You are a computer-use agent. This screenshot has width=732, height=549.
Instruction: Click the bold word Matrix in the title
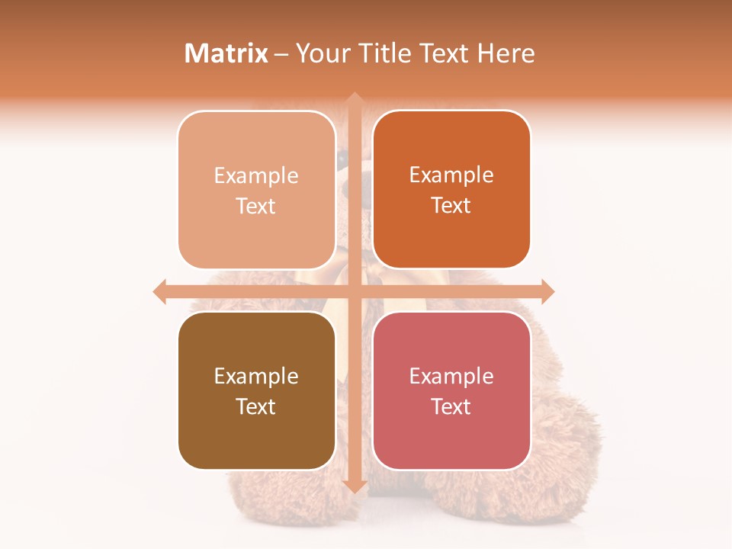226,53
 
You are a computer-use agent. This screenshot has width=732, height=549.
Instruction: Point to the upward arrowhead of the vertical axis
354,98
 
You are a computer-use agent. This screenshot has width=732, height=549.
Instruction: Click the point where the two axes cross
354,291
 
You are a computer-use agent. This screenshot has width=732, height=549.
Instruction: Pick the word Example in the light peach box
256,176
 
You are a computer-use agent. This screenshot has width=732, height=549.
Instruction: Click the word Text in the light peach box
256,206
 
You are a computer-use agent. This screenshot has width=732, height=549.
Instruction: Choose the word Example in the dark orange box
451,175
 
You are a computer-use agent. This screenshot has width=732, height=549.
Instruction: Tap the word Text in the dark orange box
451,205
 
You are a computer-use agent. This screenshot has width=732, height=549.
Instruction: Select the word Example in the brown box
256,377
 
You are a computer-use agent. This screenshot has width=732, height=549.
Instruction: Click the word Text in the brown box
256,406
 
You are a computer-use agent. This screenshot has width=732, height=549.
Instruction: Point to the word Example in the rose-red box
451,377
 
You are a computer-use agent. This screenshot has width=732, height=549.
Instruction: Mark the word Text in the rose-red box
451,406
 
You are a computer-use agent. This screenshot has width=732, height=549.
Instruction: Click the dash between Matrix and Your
281,54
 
